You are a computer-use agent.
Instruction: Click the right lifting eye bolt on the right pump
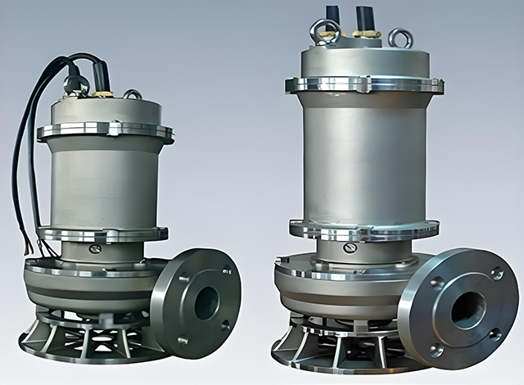click(400, 38)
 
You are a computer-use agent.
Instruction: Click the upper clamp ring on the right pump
click(364, 84)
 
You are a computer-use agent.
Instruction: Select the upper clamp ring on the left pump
click(104, 130)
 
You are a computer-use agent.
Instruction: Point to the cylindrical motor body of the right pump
click(364, 156)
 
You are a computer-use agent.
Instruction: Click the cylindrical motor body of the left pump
click(102, 184)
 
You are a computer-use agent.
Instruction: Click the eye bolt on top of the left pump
click(131, 94)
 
